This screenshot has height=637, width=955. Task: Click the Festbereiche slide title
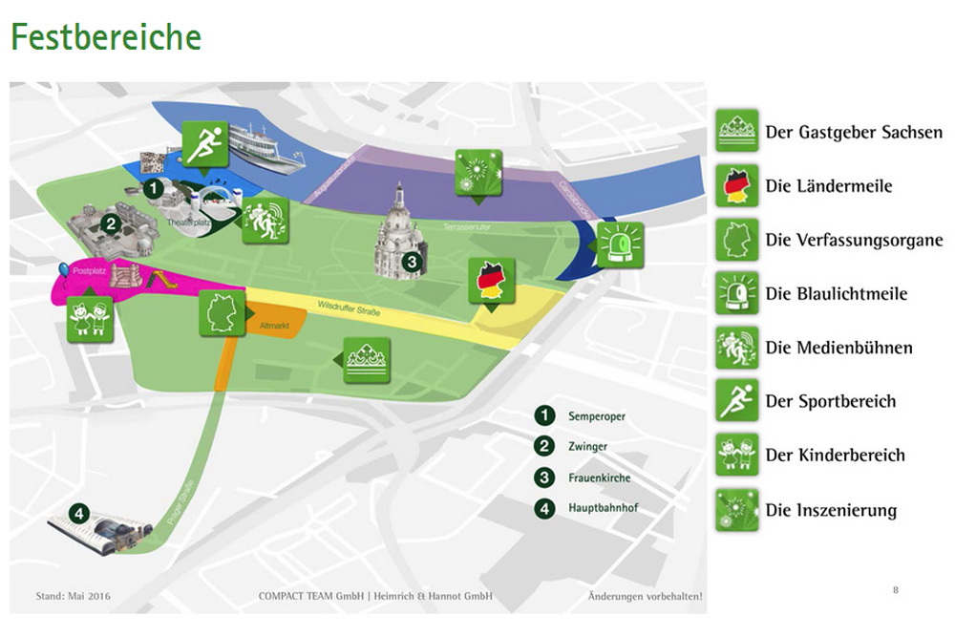[105, 36]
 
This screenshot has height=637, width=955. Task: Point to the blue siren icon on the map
[619, 244]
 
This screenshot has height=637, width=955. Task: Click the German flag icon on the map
[492, 280]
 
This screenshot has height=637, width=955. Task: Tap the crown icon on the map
[366, 360]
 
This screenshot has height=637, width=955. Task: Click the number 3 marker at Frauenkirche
[411, 260]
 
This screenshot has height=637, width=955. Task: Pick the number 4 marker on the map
[79, 514]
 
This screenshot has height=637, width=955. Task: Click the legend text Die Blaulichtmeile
[836, 294]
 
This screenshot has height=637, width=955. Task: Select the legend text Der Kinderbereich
[835, 456]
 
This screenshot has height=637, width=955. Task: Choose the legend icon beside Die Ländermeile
[737, 185]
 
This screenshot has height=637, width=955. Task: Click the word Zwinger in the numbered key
[587, 446]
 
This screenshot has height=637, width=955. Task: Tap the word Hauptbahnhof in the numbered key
[603, 508]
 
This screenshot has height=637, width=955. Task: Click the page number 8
[895, 589]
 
